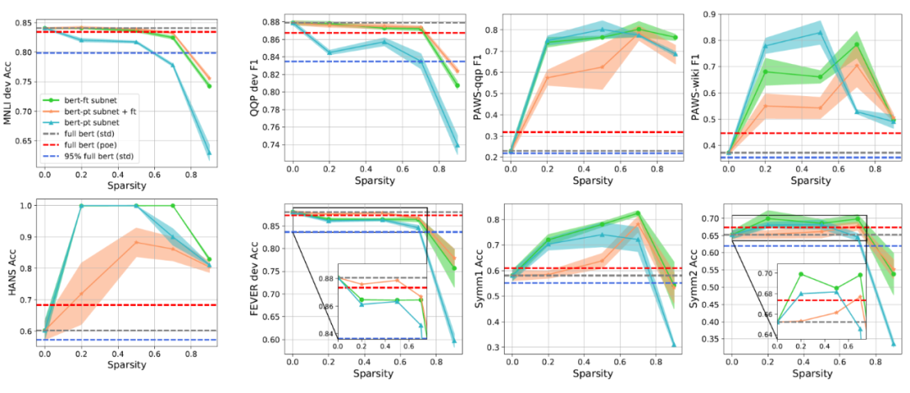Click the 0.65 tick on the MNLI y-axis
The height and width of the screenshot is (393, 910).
point(24,141)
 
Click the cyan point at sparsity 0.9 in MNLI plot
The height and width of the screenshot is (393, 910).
point(207,153)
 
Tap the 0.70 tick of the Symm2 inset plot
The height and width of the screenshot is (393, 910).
point(764,274)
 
